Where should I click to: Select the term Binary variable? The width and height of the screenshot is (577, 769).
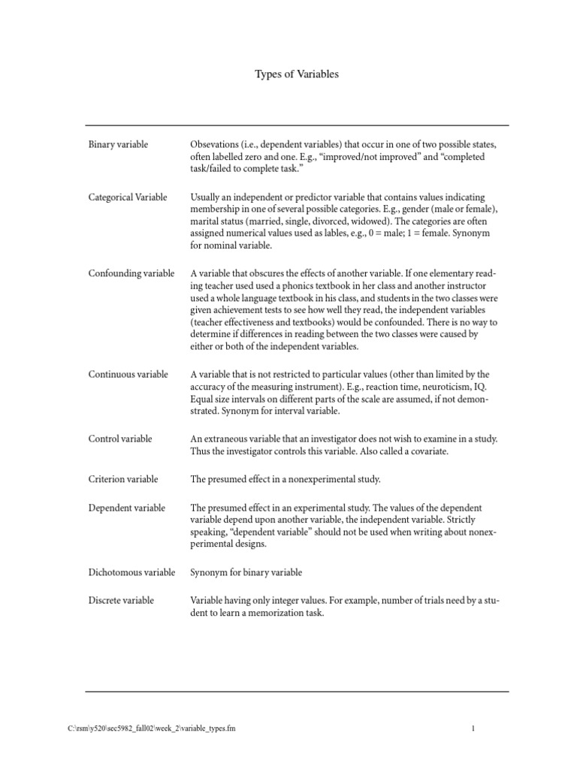118,144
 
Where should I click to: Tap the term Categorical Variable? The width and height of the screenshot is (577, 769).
128,198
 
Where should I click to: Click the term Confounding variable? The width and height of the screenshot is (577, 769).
131,273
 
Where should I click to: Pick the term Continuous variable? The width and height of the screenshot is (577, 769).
128,374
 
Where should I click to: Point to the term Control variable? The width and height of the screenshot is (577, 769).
120,438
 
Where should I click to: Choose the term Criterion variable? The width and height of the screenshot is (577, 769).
123,478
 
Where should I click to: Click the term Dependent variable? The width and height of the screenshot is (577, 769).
126,508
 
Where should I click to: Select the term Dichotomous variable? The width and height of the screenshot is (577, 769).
131,572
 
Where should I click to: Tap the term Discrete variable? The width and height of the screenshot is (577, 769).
121,600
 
